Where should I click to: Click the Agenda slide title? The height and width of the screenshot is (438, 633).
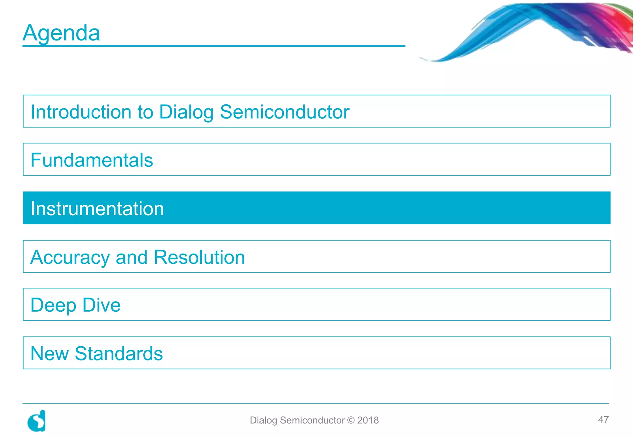tap(62, 33)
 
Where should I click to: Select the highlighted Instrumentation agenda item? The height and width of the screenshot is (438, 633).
tap(97, 208)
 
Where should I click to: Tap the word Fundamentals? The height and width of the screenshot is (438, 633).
tap(92, 160)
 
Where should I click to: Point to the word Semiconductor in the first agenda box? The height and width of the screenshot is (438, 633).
tap(284, 112)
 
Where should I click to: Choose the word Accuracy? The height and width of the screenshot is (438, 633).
tap(70, 257)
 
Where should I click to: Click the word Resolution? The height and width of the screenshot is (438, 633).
tap(199, 257)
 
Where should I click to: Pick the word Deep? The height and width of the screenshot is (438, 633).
tap(53, 305)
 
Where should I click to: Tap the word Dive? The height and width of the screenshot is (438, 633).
tap(102, 305)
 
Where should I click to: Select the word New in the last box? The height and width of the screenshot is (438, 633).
tap(49, 353)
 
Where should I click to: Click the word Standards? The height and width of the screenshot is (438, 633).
tap(119, 353)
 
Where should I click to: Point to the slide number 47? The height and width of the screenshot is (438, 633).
tap(603, 419)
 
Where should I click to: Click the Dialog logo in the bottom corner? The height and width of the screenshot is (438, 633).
tap(37, 421)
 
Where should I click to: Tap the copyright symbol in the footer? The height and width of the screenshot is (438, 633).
tap(351, 420)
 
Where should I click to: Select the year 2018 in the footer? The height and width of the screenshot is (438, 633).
tap(368, 420)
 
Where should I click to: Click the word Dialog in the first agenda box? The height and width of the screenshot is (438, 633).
tap(186, 112)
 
